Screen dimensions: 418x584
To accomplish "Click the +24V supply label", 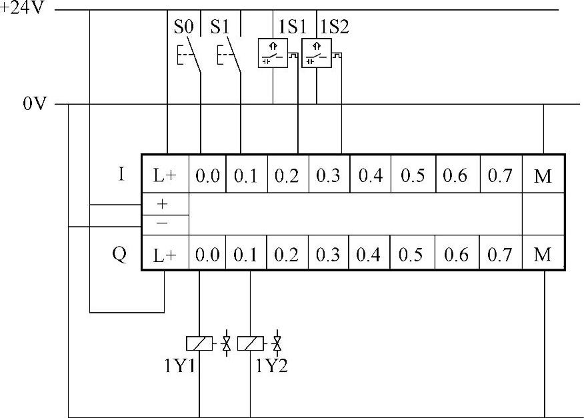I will pyautogui.click(x=23, y=11).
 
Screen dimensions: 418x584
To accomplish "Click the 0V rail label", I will pyautogui.click(x=34, y=105).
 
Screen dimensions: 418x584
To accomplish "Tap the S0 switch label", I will pyautogui.click(x=183, y=27).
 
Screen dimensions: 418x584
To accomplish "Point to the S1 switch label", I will pyautogui.click(x=220, y=27).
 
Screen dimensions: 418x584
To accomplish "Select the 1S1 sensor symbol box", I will pyautogui.click(x=273, y=54).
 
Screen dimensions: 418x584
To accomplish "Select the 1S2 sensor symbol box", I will pyautogui.click(x=317, y=54).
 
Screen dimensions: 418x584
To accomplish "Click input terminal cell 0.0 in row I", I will pyautogui.click(x=207, y=177).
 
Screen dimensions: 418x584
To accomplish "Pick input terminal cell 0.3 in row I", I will pyautogui.click(x=328, y=177).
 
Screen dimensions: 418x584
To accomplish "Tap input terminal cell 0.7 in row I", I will pyautogui.click(x=499, y=177).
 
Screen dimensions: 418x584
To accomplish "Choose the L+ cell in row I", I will pyautogui.click(x=165, y=177).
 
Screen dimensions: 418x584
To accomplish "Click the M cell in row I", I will pyautogui.click(x=543, y=177).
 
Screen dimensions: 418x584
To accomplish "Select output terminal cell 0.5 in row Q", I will pyautogui.click(x=413, y=255).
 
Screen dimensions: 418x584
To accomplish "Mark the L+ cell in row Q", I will pyautogui.click(x=165, y=255).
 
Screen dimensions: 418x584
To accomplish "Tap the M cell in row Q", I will pyautogui.click(x=543, y=255).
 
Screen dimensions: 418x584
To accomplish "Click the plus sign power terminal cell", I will pyautogui.click(x=162, y=204).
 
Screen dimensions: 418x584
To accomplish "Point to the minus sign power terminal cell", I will pyautogui.click(x=162, y=223).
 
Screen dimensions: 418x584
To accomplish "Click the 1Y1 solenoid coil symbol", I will pyautogui.click(x=199, y=343).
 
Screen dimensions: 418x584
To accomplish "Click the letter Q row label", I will pyautogui.click(x=119, y=254).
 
